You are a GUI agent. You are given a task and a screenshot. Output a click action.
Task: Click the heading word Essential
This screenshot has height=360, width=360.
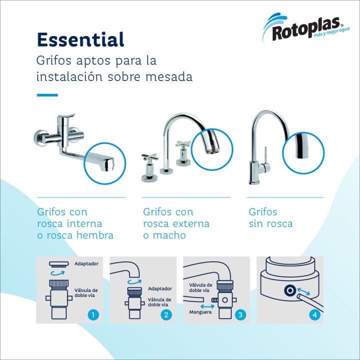[80, 39]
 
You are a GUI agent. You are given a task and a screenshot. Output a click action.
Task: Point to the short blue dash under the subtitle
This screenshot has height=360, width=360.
[47, 95]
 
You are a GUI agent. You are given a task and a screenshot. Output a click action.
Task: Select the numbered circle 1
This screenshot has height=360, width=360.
[93, 315]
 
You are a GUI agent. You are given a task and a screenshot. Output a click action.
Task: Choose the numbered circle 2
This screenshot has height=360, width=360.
[166, 315]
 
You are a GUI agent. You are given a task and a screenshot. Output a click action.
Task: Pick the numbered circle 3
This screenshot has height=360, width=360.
[240, 315]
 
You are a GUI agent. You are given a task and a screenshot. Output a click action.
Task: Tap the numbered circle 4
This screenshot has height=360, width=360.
[314, 315]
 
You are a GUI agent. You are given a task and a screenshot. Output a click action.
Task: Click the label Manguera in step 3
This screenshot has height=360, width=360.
[200, 312]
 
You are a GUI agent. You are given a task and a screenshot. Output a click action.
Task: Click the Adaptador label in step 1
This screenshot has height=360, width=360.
[86, 263]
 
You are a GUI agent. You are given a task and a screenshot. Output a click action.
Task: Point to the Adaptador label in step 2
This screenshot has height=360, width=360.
[160, 288]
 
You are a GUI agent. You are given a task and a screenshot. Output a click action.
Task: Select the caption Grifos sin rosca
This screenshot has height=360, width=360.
[270, 217]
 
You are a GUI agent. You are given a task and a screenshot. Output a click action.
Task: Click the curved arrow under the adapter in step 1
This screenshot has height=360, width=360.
[57, 273]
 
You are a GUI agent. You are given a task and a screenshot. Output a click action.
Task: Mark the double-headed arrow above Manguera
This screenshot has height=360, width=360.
[207, 306]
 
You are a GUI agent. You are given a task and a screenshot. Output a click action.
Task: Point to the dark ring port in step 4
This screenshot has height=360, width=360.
[290, 290]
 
